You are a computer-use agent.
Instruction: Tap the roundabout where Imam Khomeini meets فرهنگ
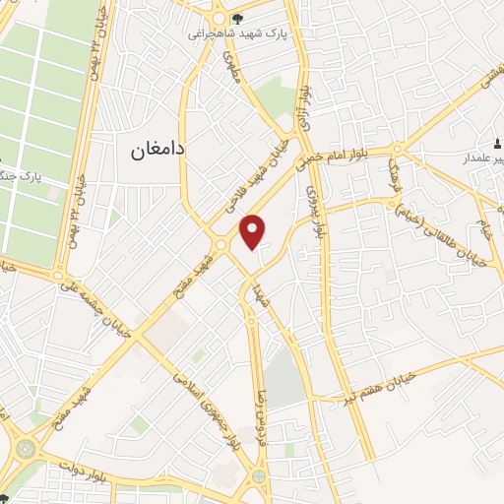point(397,150)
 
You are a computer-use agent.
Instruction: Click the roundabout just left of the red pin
point(222,245)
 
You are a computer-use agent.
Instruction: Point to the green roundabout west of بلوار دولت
point(20,448)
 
